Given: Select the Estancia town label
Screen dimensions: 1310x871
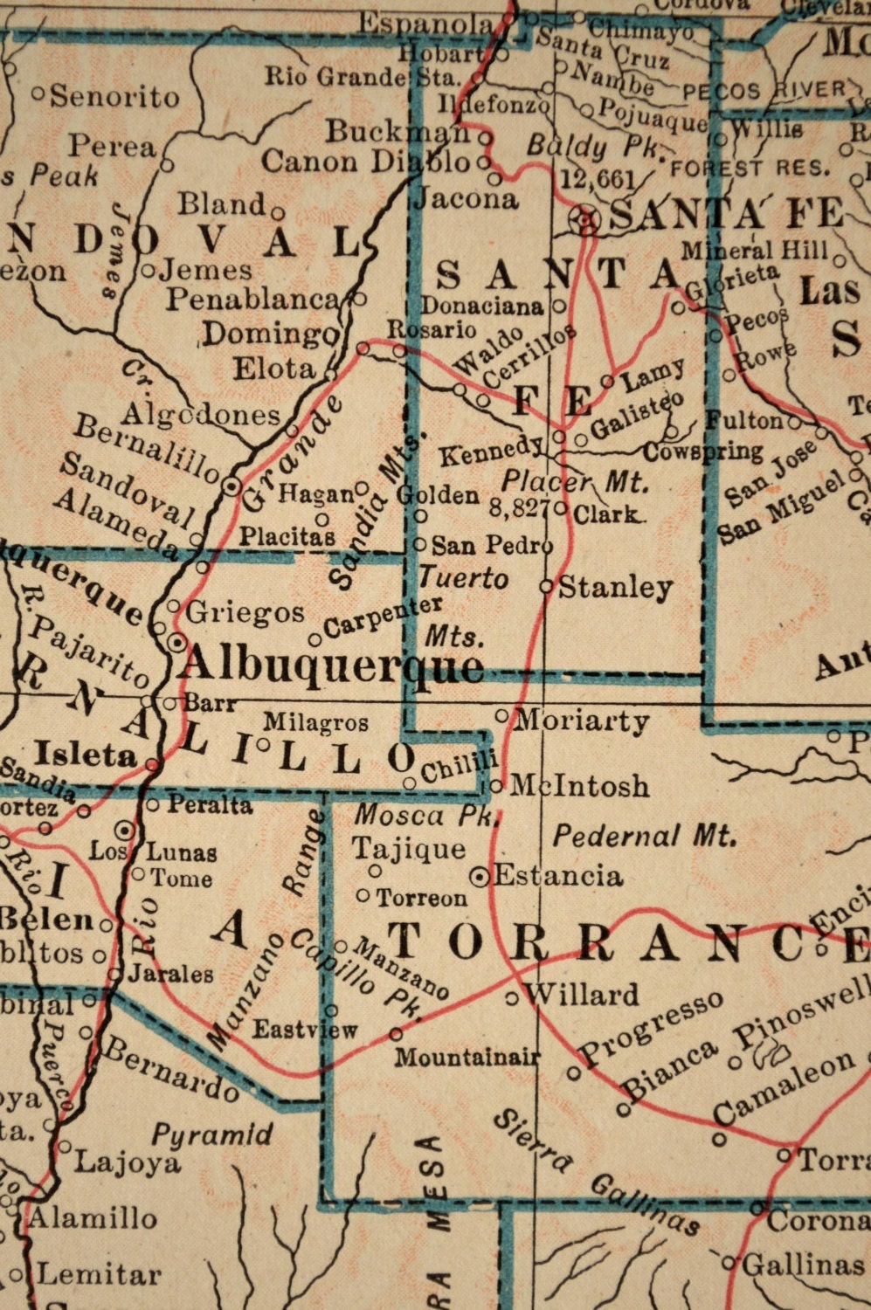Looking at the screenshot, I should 558,875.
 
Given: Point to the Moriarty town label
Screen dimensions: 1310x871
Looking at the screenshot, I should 582,720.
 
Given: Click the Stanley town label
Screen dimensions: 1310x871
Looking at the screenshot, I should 615,588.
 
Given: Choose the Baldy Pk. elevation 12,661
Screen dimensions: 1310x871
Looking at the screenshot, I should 598,180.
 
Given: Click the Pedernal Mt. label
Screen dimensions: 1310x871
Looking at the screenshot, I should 644,836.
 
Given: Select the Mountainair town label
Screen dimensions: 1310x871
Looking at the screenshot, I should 466,1057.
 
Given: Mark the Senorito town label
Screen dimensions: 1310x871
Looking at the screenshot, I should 114,96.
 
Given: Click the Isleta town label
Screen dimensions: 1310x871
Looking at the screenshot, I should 85,755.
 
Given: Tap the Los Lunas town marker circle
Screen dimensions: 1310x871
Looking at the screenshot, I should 125,830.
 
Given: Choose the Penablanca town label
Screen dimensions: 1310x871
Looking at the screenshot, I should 252,300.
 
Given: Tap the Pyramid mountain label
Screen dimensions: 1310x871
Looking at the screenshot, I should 212,1135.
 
